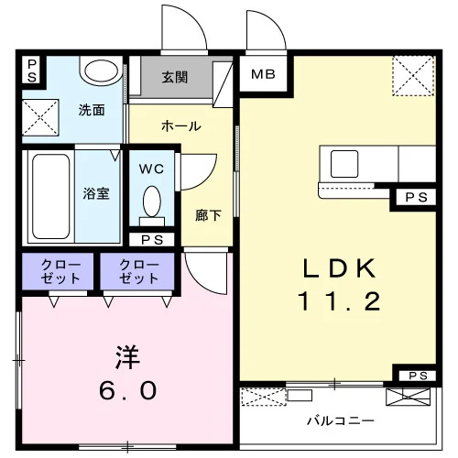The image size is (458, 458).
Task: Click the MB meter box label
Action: click(x=263, y=74)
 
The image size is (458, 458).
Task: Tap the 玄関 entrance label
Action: click(x=175, y=77)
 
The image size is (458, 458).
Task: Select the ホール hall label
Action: click(x=181, y=125)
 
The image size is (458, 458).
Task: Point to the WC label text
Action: click(x=151, y=169)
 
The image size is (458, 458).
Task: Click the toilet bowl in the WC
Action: click(x=152, y=202)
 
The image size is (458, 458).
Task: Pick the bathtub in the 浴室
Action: click(x=50, y=196)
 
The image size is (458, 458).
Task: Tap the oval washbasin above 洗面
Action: click(x=101, y=71)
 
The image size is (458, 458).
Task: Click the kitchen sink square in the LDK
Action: click(x=344, y=164)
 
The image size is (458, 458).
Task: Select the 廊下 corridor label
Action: click(x=208, y=215)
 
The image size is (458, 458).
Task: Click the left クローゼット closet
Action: click(x=58, y=271)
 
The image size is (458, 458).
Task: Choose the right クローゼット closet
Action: click(x=137, y=271)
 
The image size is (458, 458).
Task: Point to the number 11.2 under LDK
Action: click(x=339, y=301)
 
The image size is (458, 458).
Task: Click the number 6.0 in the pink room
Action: click(x=127, y=390)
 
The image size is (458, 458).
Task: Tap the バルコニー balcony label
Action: click(x=340, y=421)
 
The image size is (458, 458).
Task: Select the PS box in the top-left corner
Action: click(x=32, y=71)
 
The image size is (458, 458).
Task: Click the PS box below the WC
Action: click(x=152, y=240)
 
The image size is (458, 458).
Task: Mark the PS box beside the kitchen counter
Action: click(x=416, y=198)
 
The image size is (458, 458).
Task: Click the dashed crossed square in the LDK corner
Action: click(x=413, y=76)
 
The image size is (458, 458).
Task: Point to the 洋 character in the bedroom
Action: click(x=127, y=357)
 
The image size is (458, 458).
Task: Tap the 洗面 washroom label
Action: click(x=92, y=110)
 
